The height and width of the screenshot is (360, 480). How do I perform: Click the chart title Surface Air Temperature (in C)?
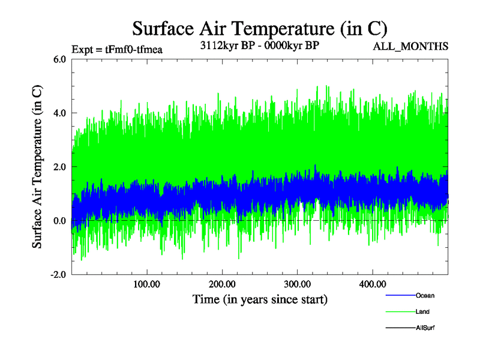(260, 29)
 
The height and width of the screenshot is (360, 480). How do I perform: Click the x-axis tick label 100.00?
(146, 284)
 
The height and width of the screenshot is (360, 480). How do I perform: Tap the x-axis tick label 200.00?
(222, 284)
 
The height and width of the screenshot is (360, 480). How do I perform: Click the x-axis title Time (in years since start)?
(260, 299)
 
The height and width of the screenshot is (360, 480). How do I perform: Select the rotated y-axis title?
(37, 167)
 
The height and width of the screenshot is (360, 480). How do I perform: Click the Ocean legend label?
(425, 295)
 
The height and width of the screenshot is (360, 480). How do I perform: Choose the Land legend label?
(422, 312)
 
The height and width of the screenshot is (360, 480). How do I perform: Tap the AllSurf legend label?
(425, 328)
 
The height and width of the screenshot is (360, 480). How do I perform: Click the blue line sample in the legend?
(400, 295)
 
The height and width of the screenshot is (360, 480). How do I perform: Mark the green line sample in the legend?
(400, 312)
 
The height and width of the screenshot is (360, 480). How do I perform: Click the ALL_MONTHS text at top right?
(411, 47)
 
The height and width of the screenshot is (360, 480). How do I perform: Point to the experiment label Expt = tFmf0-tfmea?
(117, 49)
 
